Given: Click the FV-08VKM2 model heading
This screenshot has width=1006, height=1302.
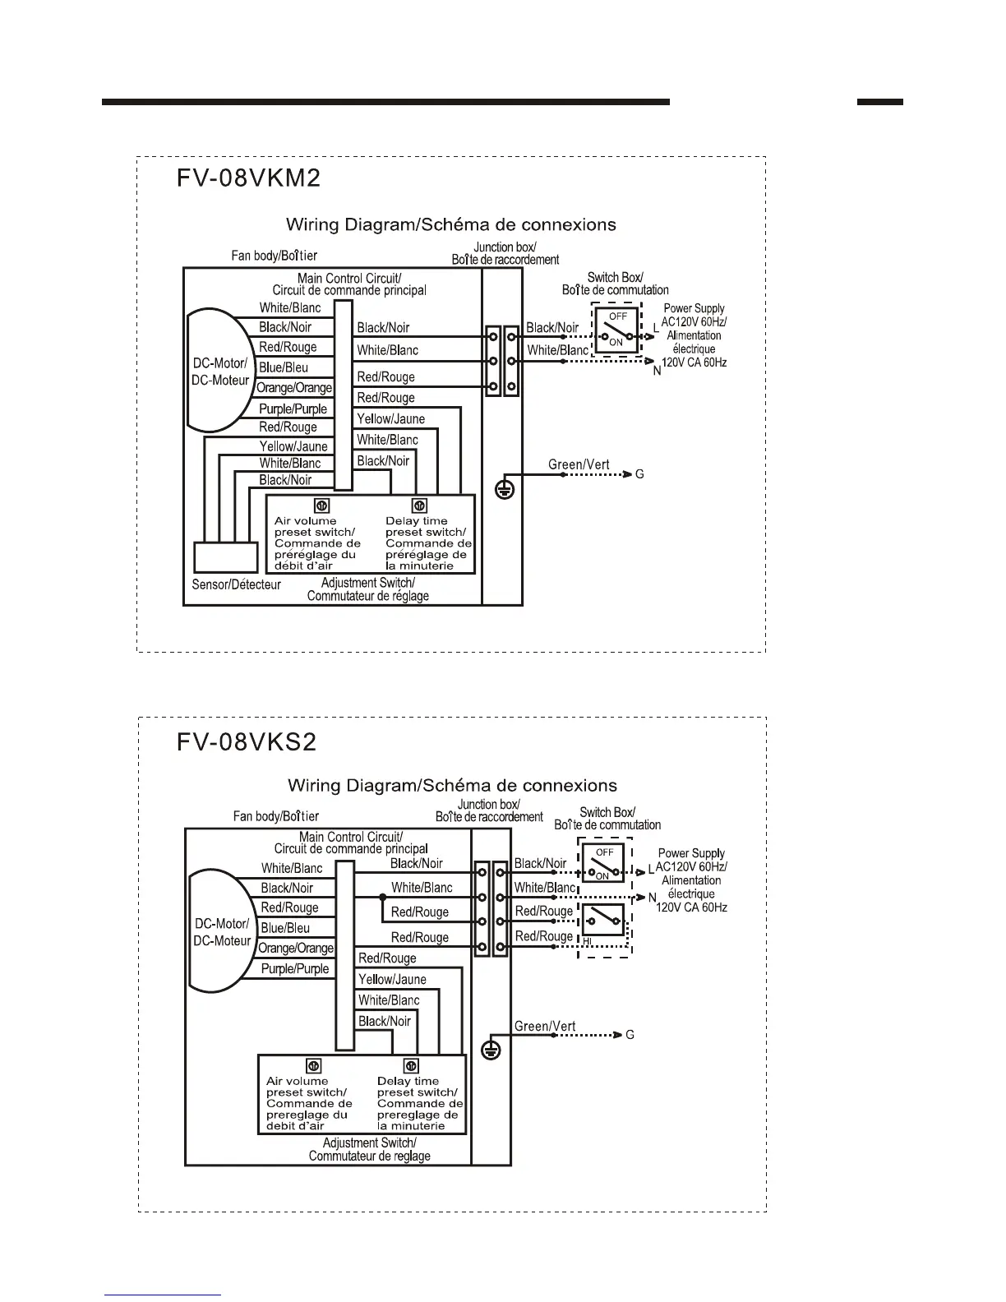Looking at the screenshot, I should (248, 178).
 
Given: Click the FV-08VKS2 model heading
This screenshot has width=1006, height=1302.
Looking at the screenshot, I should (247, 742).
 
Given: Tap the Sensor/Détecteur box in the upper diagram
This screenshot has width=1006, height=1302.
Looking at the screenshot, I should (225, 558).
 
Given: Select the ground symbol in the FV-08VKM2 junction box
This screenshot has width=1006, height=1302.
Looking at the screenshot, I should (504, 490).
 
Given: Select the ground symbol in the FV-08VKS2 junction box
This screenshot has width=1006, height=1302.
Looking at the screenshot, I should (491, 1050).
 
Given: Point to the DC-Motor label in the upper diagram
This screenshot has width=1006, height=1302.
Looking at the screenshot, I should (219, 372).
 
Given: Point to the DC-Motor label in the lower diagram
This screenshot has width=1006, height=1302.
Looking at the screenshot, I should (221, 932).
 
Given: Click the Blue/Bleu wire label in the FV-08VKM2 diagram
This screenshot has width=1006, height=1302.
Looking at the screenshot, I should (284, 367).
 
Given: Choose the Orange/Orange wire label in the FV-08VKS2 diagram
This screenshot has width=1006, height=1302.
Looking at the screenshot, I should (296, 949).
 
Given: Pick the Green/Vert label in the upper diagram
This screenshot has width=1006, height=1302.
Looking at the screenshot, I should (579, 464).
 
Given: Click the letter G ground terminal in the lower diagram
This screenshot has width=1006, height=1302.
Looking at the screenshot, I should (630, 1035).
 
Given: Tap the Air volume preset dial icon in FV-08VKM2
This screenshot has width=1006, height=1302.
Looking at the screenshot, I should (323, 506).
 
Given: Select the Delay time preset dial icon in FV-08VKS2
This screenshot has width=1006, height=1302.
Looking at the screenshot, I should (412, 1067).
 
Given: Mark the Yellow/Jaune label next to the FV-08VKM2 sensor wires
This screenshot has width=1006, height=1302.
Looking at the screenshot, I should (293, 446).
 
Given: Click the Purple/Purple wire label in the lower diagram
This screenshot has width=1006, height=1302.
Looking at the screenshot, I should (295, 969).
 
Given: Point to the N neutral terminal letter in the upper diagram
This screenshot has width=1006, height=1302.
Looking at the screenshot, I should (657, 372).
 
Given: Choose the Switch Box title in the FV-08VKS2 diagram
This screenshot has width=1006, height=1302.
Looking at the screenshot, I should (607, 818).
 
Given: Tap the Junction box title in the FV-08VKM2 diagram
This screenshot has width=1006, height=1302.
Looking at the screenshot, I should (505, 253).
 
